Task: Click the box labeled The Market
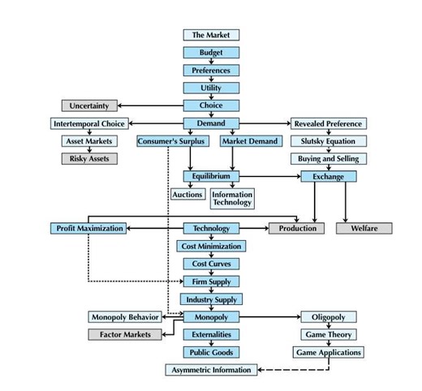click(x=211, y=35)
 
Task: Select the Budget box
click(x=211, y=53)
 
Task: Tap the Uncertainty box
click(x=89, y=105)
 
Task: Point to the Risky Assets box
click(x=89, y=158)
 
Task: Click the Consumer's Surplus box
click(x=169, y=141)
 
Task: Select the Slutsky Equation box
click(x=328, y=141)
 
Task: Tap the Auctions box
click(x=187, y=195)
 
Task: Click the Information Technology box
click(x=232, y=199)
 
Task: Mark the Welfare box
click(x=364, y=229)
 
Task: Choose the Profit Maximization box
click(x=89, y=229)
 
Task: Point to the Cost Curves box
click(x=211, y=264)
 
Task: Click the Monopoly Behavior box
click(x=124, y=317)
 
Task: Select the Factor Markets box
click(x=125, y=335)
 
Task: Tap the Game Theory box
click(x=328, y=335)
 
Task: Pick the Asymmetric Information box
click(x=211, y=370)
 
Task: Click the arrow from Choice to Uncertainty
click(x=150, y=105)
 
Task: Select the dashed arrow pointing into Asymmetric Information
click(x=292, y=370)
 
